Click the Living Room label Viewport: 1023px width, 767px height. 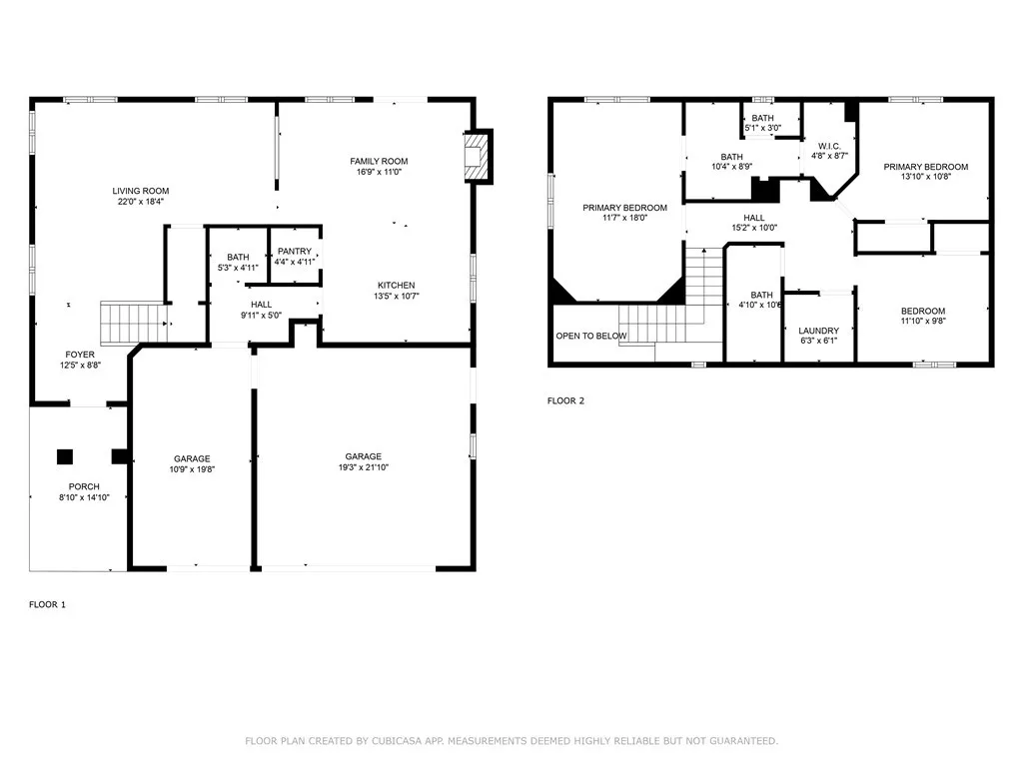tap(140, 191)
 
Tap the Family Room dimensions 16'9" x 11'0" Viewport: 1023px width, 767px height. tap(379, 172)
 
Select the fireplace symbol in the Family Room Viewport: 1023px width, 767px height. tap(476, 157)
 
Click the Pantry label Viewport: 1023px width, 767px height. tap(295, 251)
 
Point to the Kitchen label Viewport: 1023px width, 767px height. tap(396, 285)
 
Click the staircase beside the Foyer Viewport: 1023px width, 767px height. tap(134, 323)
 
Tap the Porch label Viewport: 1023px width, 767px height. tap(84, 486)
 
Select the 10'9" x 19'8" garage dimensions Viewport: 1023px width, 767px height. tap(192, 469)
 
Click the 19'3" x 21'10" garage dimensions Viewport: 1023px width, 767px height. tap(364, 467)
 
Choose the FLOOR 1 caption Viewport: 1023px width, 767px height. tap(47, 604)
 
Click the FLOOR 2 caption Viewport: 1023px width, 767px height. tap(565, 400)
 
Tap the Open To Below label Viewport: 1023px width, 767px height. tap(591, 336)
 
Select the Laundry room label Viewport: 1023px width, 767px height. tap(819, 331)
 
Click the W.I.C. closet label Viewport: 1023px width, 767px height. tap(829, 146)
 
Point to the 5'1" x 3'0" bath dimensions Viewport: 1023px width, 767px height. tap(762, 128)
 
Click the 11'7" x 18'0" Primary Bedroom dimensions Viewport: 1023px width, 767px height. tap(625, 218)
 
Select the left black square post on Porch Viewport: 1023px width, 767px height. tap(65, 456)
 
